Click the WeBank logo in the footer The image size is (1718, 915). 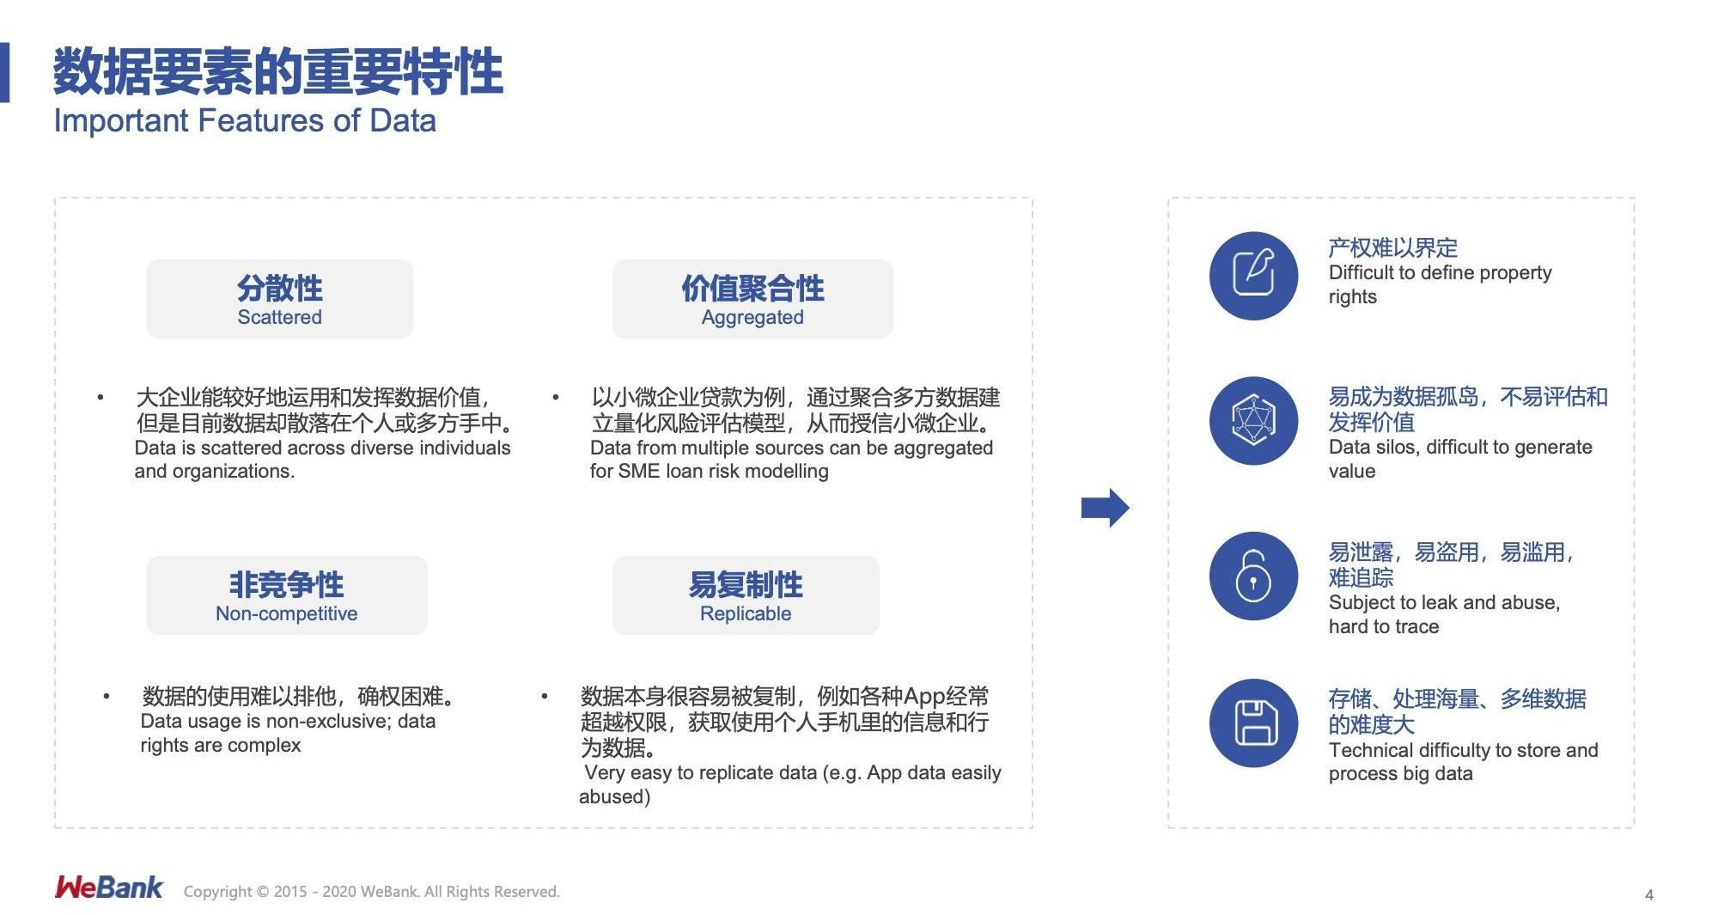click(x=108, y=888)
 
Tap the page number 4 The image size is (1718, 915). click(x=1648, y=895)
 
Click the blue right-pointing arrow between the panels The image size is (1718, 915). click(x=1105, y=508)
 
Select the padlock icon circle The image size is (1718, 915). click(x=1253, y=576)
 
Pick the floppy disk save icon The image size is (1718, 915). click(x=1253, y=723)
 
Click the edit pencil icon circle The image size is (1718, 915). click(x=1253, y=275)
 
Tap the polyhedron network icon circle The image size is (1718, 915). click(x=1253, y=421)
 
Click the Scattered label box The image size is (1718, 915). click(x=279, y=299)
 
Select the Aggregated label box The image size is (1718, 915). click(x=752, y=299)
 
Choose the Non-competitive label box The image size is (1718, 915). click(x=286, y=595)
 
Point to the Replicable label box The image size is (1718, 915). click(x=746, y=595)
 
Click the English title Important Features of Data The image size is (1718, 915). click(x=245, y=121)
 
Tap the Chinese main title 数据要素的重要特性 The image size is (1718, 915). click(x=277, y=71)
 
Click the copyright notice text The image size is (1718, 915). click(x=371, y=892)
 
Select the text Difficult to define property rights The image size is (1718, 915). click(x=1440, y=284)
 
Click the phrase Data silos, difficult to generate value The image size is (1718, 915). click(x=1459, y=459)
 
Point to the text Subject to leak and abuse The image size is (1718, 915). click(x=1443, y=603)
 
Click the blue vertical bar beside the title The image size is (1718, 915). click(x=4, y=72)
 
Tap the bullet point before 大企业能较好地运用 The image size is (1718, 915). click(x=101, y=397)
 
